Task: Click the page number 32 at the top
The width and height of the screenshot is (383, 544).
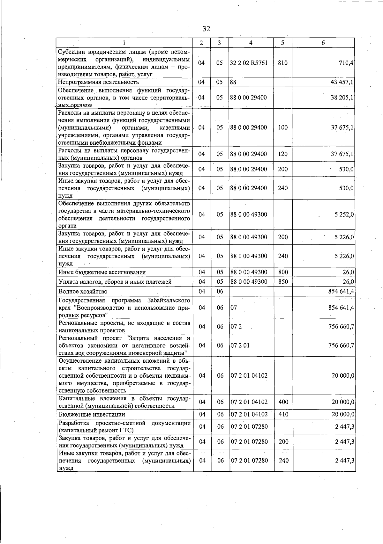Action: coord(206,29)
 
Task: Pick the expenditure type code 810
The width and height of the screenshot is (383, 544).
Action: coord(282,63)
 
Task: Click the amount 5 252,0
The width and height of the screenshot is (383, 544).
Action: coord(344,214)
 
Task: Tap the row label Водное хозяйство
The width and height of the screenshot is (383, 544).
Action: coord(83,291)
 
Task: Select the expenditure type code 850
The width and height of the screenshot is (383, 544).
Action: coord(283,282)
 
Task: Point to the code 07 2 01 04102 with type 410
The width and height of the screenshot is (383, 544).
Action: coord(249,414)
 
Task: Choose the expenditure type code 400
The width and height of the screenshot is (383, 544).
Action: coord(283,402)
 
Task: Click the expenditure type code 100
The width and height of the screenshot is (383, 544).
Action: coord(283,127)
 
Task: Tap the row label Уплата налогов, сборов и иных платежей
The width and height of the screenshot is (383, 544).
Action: coord(115,282)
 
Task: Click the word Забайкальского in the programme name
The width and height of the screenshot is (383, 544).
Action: coord(169,300)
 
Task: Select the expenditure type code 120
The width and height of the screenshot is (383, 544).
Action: coord(283,154)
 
